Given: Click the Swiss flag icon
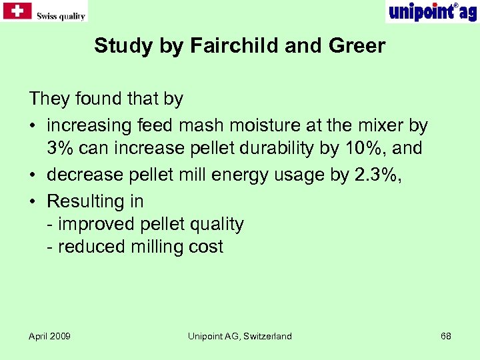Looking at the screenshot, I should (17, 11).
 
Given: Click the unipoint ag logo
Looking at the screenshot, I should (431, 12).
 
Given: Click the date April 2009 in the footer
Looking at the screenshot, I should (49, 336).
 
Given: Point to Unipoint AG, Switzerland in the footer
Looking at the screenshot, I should (239, 336).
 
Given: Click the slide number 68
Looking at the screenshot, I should (446, 336).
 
